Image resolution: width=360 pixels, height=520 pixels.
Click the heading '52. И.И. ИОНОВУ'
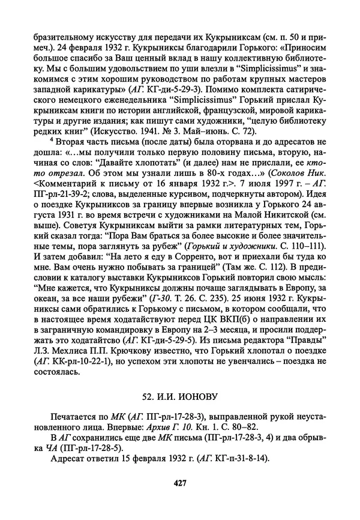point(178,397)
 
